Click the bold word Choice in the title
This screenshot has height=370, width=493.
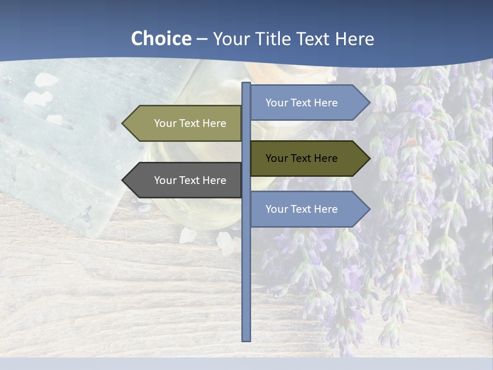[161, 39]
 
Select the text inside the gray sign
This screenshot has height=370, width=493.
[190, 180]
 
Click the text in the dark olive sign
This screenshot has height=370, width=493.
[301, 158]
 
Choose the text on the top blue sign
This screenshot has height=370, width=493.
[301, 103]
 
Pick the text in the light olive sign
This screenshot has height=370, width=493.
[190, 123]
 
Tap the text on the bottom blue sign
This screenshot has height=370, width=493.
[301, 209]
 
